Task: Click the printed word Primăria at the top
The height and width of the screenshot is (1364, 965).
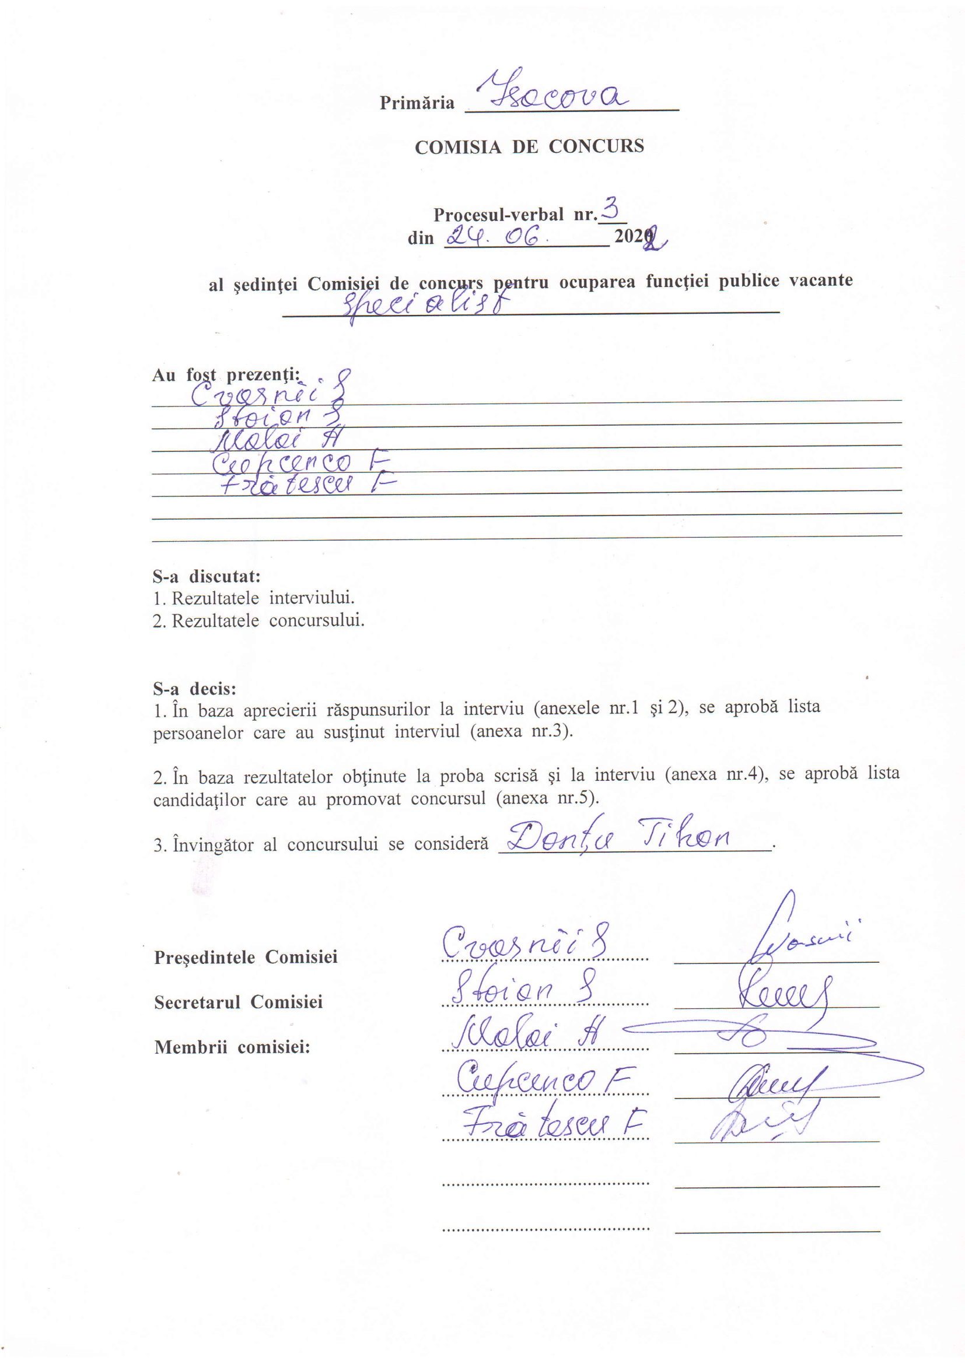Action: pos(417,103)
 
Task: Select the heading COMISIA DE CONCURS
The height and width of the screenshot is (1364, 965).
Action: pos(529,147)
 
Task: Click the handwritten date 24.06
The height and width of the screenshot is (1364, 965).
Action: pos(492,237)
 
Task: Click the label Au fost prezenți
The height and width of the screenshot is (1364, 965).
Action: pos(226,375)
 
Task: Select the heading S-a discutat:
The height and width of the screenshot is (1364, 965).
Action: pos(206,576)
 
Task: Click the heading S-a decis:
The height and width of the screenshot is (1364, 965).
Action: pos(194,689)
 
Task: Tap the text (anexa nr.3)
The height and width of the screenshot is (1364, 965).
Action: pos(521,731)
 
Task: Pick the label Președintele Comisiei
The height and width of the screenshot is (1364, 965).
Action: pos(246,957)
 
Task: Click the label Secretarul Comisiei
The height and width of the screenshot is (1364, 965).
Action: pos(238,1002)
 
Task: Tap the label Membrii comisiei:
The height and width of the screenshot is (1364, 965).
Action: pos(232,1047)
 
